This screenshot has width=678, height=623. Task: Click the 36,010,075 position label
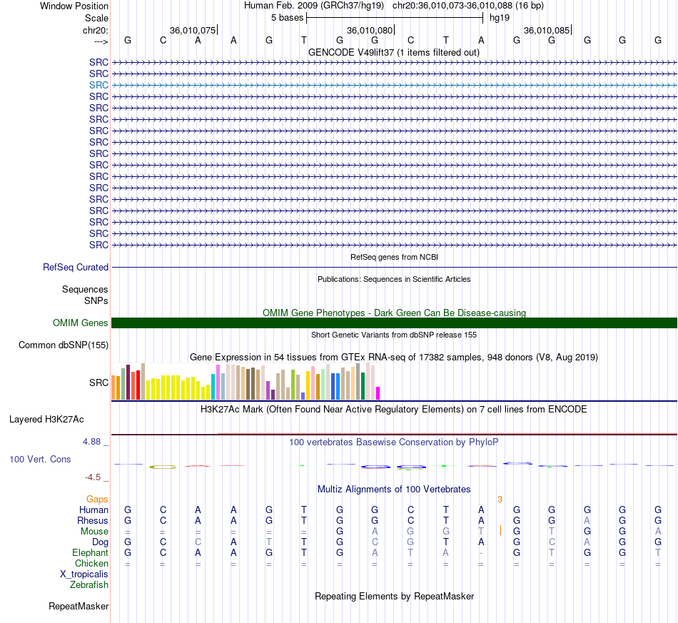pyautogui.click(x=193, y=30)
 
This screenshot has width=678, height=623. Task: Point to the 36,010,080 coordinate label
pyautogui.click(x=370, y=30)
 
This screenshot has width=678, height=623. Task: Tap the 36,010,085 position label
pyautogui.click(x=547, y=30)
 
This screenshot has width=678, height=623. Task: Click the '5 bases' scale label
pyautogui.click(x=287, y=18)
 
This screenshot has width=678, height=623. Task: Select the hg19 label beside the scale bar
pyautogui.click(x=500, y=18)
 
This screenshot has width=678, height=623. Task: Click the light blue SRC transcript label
pyautogui.click(x=98, y=85)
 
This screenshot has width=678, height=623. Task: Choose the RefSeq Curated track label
pyautogui.click(x=76, y=267)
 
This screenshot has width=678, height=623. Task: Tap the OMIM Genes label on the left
pyautogui.click(x=81, y=323)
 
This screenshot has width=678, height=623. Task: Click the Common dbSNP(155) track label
pyautogui.click(x=64, y=345)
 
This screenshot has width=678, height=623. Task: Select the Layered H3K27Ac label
pyautogui.click(x=46, y=420)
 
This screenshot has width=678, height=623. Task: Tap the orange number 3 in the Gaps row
pyautogui.click(x=500, y=500)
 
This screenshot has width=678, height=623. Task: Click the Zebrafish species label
pyautogui.click(x=89, y=585)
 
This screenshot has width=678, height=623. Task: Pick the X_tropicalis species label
pyautogui.click(x=84, y=574)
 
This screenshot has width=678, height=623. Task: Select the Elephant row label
pyautogui.click(x=91, y=553)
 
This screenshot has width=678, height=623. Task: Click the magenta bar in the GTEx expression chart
pyautogui.click(x=378, y=393)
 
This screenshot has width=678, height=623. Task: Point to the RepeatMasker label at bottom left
pyautogui.click(x=79, y=606)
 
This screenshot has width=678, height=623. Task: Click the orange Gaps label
pyautogui.click(x=97, y=500)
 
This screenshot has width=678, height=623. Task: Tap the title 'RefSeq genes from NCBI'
pyautogui.click(x=395, y=257)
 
